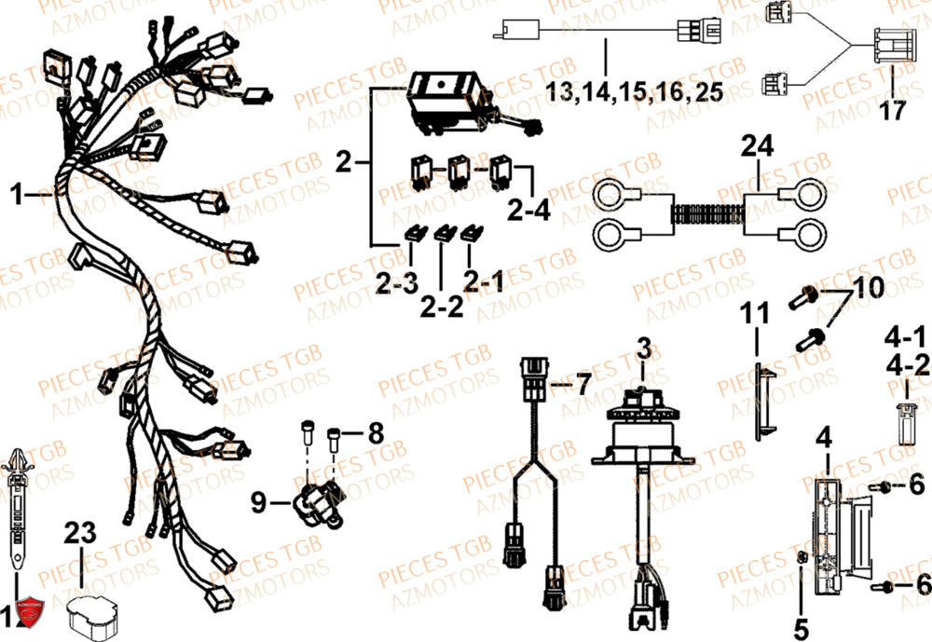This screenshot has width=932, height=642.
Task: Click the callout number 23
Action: [x=80, y=533]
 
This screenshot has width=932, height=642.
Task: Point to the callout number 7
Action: [x=582, y=382]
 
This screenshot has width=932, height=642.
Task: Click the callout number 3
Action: [x=641, y=350]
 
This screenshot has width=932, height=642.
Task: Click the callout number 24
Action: [x=758, y=145]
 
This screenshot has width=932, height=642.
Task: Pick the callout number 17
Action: [x=892, y=111]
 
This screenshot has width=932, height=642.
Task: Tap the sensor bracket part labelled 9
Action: [x=319, y=504]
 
